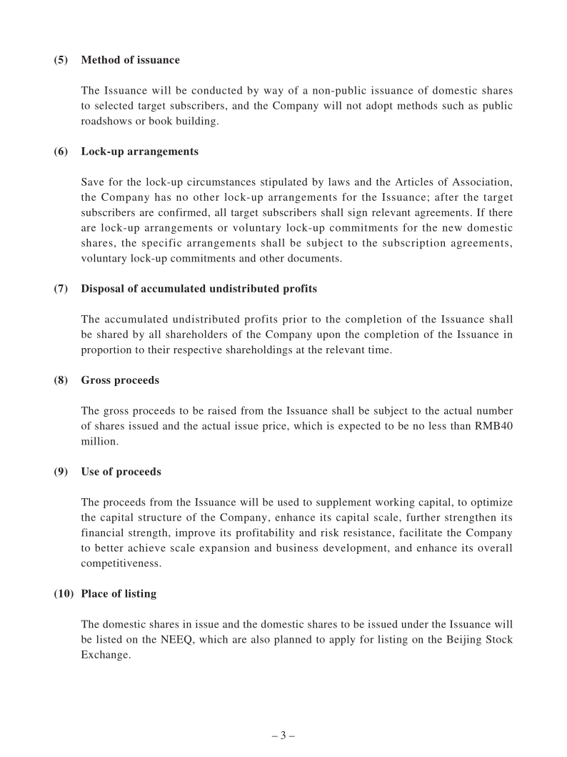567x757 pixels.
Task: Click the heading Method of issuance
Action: pos(130,60)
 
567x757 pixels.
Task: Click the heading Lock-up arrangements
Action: pos(140,152)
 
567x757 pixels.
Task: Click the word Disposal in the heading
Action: pos(102,289)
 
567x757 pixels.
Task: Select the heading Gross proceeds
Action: pos(120,380)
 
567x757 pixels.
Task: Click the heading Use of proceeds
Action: pos(121,472)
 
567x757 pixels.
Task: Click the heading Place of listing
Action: pos(119,594)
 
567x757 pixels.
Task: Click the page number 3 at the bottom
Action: pos(283,736)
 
